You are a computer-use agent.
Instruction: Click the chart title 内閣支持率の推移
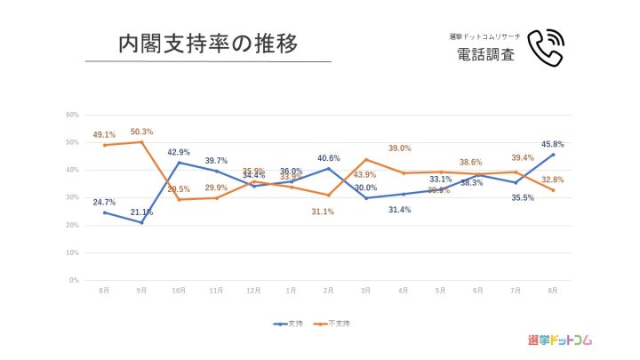tap(207, 43)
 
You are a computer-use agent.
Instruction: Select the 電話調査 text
tap(484, 54)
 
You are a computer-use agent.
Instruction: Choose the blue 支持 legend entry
tap(289, 323)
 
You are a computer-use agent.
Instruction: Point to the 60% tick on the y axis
tap(73, 115)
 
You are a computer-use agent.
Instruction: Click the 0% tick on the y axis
tap(75, 280)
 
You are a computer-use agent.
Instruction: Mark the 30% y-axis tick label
tap(73, 197)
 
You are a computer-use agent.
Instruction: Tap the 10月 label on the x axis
tap(179, 290)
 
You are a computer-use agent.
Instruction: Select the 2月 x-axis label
tap(328, 290)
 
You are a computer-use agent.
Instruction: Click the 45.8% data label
tap(553, 144)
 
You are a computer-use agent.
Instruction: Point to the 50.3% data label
tap(141, 132)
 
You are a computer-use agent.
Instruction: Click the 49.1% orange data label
tap(104, 135)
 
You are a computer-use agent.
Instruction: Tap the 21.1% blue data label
tap(141, 212)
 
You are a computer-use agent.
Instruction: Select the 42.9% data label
tap(180, 152)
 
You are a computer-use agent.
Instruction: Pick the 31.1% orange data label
tap(323, 211)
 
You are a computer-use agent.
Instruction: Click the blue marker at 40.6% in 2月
tap(329, 168)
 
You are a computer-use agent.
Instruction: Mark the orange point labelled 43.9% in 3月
tap(366, 160)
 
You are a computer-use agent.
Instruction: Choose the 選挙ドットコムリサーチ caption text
tap(484, 36)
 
